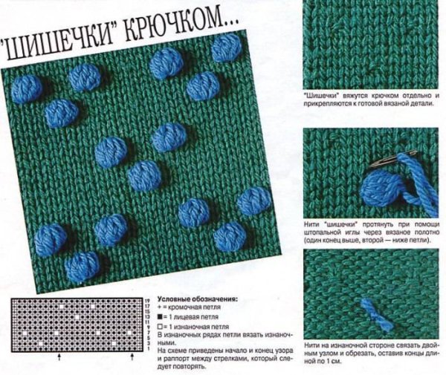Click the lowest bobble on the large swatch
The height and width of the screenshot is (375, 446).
(x=82, y=266)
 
